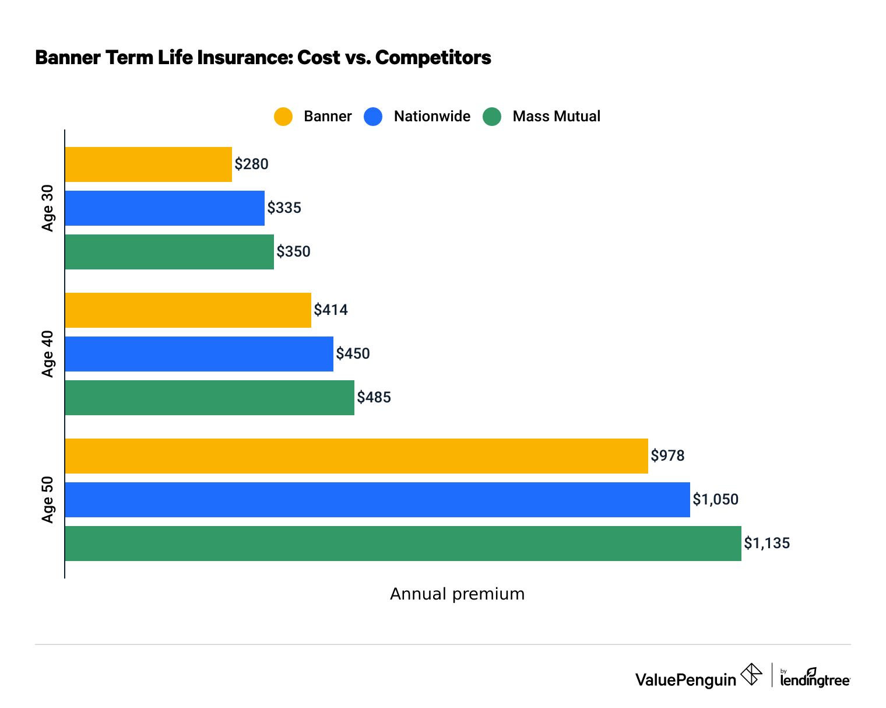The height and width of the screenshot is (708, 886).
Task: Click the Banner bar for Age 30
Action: coord(148,164)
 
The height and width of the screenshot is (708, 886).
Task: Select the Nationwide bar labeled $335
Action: coord(164,208)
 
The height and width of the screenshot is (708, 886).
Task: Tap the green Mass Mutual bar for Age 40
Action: coord(209,398)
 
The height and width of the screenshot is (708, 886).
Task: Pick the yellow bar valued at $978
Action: coord(356,456)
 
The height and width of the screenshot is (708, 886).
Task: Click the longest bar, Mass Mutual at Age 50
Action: coord(403,544)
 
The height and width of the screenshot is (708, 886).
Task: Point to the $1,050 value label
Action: coord(715,500)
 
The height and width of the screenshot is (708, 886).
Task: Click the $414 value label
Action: coord(331,310)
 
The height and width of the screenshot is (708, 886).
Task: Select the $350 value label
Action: coord(293,252)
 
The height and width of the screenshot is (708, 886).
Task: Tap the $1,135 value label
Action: coord(767,544)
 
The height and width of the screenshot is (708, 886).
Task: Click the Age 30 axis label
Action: coord(48,208)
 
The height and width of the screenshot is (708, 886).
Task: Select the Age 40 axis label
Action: coord(48,354)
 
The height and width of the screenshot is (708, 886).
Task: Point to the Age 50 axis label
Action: coord(48,500)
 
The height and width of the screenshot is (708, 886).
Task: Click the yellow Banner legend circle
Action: coord(283,117)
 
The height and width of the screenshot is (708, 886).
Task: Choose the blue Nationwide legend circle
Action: coord(373,117)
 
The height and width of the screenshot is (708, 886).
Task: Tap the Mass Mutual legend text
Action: coord(556,117)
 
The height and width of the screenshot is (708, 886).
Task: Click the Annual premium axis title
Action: coord(457,594)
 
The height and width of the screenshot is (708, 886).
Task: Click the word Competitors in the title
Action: coord(433,58)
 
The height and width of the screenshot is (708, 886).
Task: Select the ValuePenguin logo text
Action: coord(685,679)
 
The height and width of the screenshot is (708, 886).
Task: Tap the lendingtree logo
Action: coord(815,679)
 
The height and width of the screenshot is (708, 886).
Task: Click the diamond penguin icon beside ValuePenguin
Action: coord(751,675)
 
